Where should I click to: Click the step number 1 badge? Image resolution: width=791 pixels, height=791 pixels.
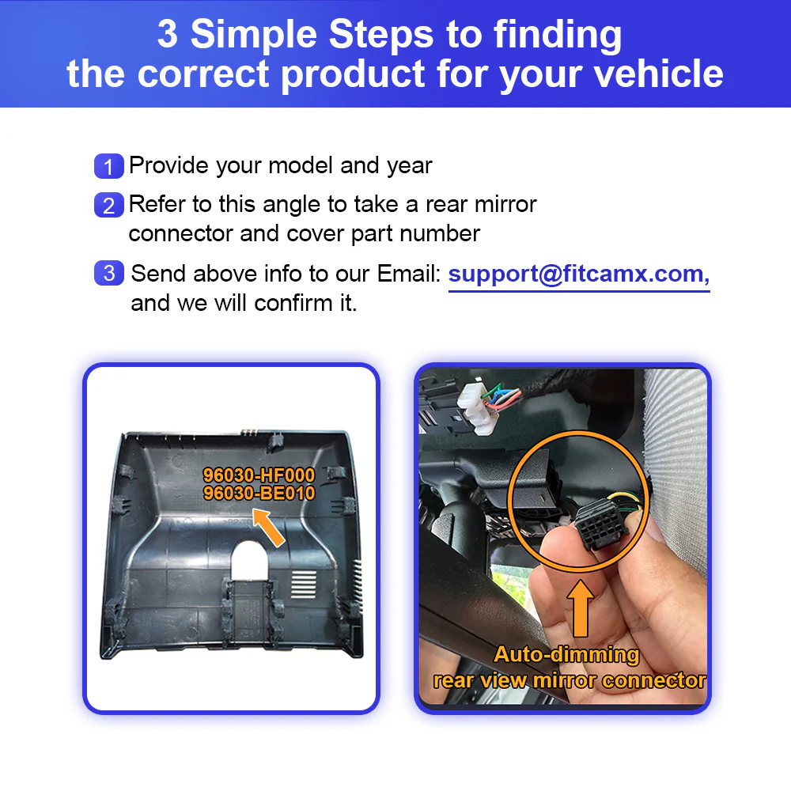(x=108, y=167)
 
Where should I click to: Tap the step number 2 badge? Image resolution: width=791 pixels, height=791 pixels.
(x=108, y=206)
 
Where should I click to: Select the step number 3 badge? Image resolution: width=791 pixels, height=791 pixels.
(x=108, y=274)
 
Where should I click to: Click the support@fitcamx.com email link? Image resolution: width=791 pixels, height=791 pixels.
(x=578, y=274)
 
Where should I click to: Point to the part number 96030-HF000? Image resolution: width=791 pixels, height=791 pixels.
(x=259, y=475)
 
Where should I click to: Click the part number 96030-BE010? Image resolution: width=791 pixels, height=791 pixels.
(x=259, y=494)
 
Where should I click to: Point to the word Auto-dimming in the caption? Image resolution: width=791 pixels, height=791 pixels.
(x=566, y=655)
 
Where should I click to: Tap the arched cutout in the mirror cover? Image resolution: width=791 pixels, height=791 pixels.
(x=252, y=560)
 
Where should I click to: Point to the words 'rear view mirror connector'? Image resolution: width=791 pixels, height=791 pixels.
(x=570, y=680)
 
